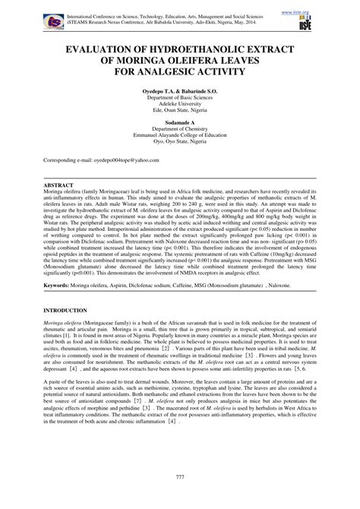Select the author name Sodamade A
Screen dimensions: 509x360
[x=179, y=122]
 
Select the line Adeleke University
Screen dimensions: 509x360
[x=179, y=106]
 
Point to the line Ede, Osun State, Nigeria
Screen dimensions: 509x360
[x=179, y=112]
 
